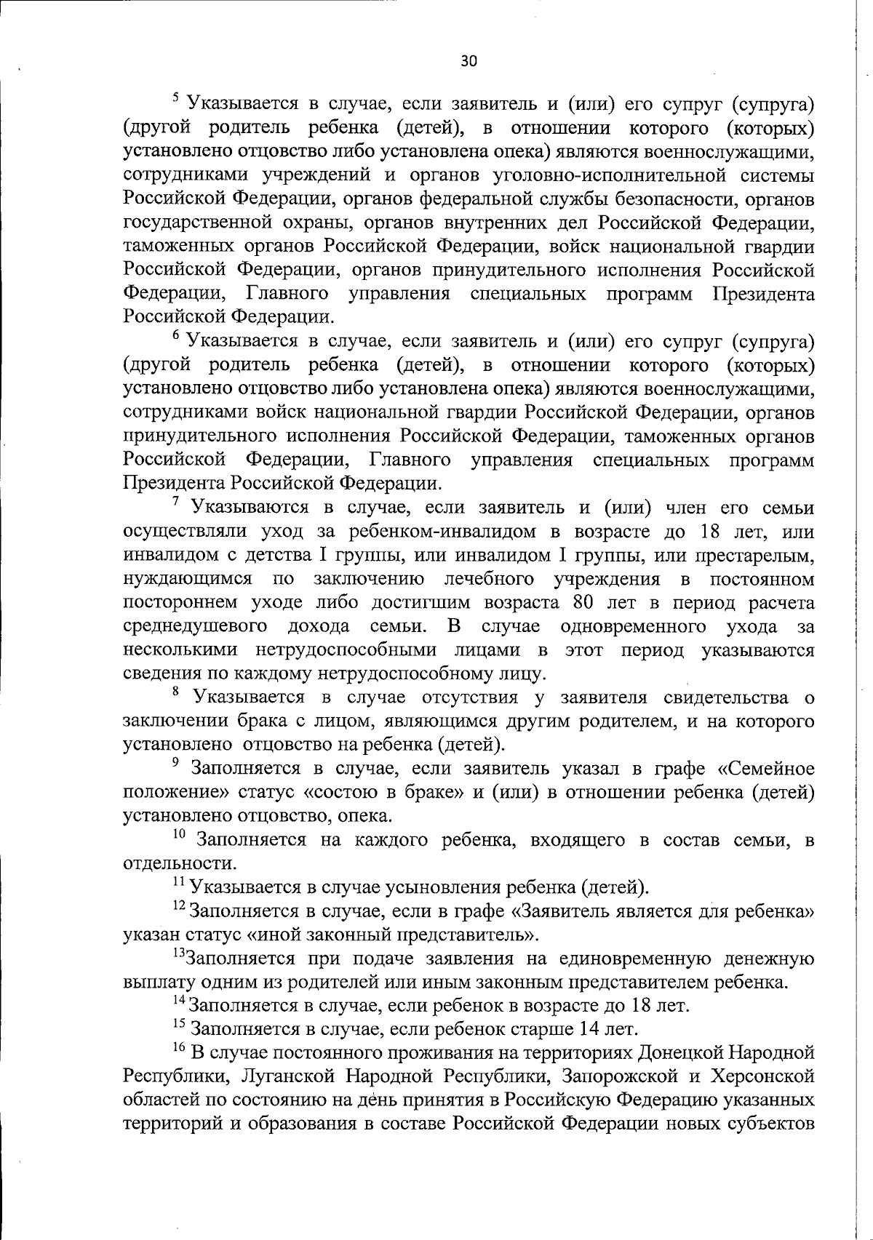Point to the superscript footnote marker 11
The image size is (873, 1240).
coord(178,881)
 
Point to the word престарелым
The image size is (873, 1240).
coord(752,556)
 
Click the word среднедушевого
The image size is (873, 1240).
coord(194,627)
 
